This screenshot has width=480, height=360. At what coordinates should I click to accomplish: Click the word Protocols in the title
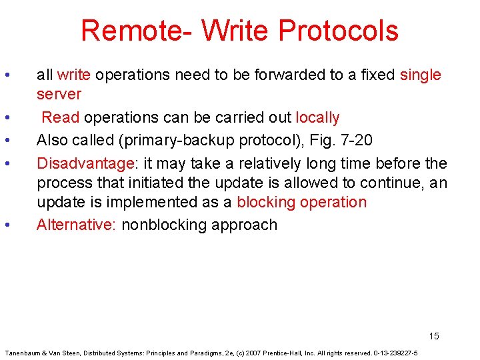[x=338, y=31]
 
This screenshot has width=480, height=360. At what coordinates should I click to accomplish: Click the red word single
[x=420, y=75]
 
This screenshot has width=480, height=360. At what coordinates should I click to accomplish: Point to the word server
[x=59, y=94]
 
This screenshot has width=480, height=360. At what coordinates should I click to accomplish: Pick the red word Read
[x=61, y=118]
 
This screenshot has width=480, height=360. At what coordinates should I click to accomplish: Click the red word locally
[x=317, y=118]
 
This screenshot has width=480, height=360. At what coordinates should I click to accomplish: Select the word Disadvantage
[x=85, y=163]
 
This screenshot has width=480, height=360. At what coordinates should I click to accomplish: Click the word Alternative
[x=76, y=225]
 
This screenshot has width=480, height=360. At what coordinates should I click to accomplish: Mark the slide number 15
[x=434, y=336]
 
